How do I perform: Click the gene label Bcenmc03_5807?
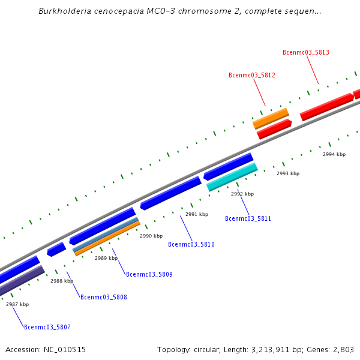coord(47,328)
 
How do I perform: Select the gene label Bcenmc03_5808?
coord(104,298)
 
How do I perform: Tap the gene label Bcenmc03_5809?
coord(149,275)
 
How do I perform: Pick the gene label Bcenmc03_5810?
coord(191,245)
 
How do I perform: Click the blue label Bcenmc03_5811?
coord(248,219)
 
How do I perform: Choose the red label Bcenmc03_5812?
coord(252,76)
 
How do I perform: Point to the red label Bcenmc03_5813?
coord(306,53)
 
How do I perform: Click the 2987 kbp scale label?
coord(17,305)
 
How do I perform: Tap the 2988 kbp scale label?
coord(62,281)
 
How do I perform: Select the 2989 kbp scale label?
coord(106,259)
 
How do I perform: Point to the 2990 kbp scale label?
coord(151,236)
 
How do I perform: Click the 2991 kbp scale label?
coord(197,215)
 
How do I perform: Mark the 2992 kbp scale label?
coord(242,194)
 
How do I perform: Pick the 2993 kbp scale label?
coord(288,174)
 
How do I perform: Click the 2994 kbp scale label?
coord(334,155)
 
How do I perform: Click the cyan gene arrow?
coord(232,177)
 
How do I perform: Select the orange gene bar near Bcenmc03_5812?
coord(271,118)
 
